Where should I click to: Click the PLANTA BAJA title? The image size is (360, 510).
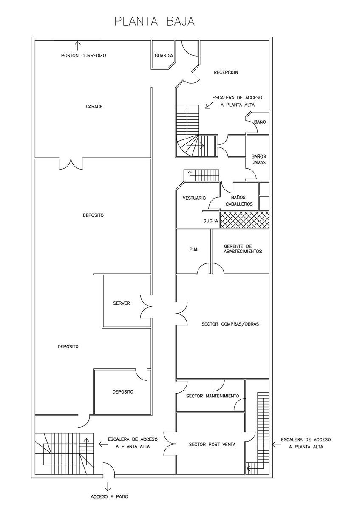point(155,21)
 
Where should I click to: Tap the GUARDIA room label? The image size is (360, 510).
point(164,55)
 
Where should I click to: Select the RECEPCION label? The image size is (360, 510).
point(226,72)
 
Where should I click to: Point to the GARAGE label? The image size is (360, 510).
point(94,106)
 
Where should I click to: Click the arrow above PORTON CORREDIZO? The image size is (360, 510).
point(78,45)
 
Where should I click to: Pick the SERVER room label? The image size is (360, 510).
point(122,303)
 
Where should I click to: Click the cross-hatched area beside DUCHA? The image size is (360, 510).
point(244,219)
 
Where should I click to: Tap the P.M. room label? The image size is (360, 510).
point(194,249)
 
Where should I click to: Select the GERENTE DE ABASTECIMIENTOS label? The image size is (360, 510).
point(243,249)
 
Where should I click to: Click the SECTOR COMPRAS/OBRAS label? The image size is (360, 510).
point(230,324)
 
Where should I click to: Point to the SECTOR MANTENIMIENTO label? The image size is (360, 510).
point(213,396)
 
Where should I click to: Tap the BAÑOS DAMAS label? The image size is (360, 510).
point(258,159)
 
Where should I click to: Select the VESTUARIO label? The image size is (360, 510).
point(194,198)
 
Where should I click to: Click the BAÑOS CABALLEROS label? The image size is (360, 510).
point(239,201)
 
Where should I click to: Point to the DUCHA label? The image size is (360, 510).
point(211,221)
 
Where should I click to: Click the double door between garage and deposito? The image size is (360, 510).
point(71,164)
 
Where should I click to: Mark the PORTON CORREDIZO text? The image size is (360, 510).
point(84,55)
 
